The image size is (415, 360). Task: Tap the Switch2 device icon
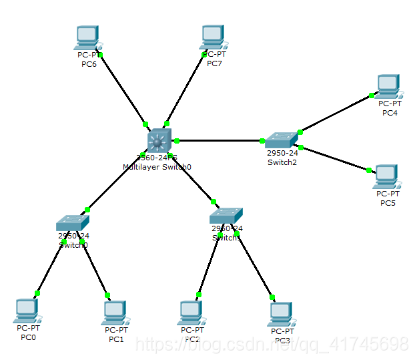281,140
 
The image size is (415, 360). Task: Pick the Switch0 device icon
72,222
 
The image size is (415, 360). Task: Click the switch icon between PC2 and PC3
226,216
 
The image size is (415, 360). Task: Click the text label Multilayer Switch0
157,166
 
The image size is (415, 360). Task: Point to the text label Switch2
282,162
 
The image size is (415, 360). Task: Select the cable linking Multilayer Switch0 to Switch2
220,140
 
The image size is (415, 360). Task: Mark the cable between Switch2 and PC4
336,113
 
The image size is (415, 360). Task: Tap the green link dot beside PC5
368,170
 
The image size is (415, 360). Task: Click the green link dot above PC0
37,293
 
